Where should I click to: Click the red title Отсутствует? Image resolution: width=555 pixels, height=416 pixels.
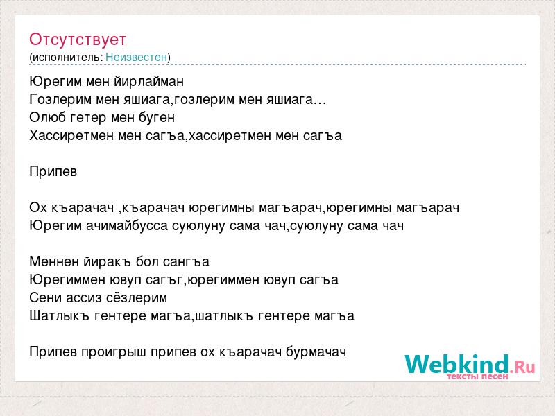78,40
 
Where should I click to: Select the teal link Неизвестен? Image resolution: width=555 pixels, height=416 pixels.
136,57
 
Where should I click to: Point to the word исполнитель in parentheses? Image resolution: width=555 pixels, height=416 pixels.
67,58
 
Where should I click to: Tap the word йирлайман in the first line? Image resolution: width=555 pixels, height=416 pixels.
149,82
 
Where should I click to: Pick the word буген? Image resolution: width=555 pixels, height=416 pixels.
157,118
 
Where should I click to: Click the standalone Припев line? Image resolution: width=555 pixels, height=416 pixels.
53,172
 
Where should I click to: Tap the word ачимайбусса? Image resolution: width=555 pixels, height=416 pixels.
127,226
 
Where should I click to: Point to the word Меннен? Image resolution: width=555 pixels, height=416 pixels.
54,262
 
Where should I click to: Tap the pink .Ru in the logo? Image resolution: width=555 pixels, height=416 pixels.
522,367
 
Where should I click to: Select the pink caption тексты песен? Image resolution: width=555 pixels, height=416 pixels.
477,376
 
